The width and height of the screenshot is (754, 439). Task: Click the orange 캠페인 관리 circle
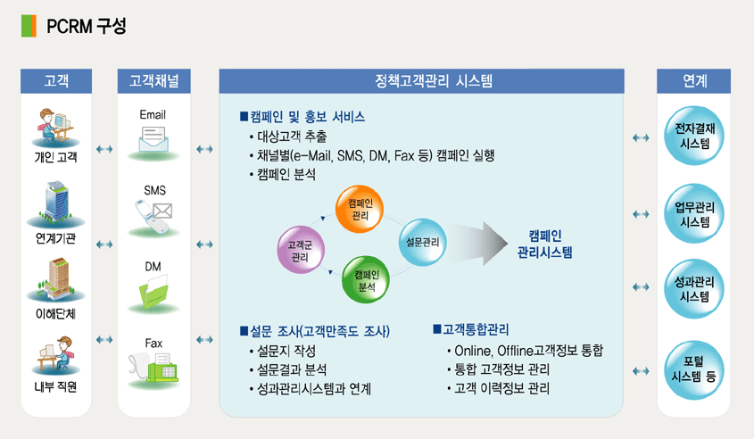360,209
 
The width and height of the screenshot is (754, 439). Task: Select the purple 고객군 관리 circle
301,250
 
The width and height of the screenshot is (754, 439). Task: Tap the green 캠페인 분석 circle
366,280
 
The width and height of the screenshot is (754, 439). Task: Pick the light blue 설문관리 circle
423,242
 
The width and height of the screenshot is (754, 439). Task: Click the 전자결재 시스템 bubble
694,136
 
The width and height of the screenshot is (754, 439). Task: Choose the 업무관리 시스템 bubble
694,213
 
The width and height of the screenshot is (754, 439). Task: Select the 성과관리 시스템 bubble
694,288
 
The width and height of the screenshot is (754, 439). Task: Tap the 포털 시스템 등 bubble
694,369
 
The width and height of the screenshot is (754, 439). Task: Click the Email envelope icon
153,140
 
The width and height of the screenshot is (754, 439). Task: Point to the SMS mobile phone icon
153,215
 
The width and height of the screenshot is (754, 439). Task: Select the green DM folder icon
153,292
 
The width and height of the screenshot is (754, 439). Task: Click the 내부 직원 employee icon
55,355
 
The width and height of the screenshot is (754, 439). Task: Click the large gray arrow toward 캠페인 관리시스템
479,244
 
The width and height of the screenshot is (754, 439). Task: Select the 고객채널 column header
153,81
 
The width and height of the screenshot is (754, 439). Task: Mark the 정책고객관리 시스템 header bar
422,81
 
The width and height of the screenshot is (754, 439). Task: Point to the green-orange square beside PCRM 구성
29,26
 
